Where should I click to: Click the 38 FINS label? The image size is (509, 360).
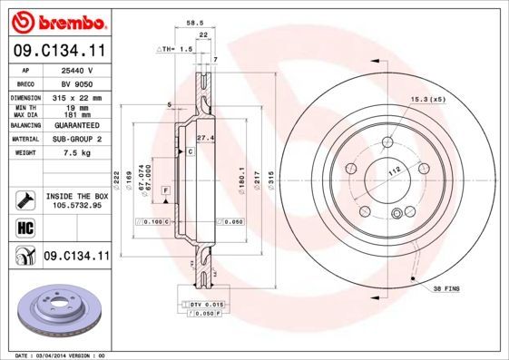pyautogui.click(x=446, y=287)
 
